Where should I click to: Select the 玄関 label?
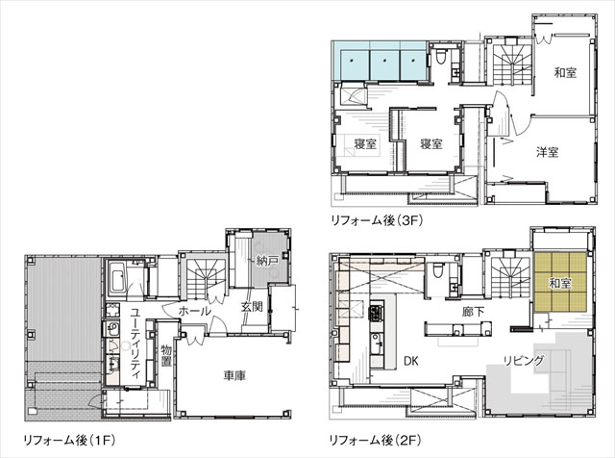252,308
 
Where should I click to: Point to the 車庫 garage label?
234,375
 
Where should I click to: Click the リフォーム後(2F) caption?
374,440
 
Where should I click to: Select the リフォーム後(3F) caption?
375,221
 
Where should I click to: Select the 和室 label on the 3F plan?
565,73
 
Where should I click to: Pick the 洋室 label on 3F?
548,152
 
